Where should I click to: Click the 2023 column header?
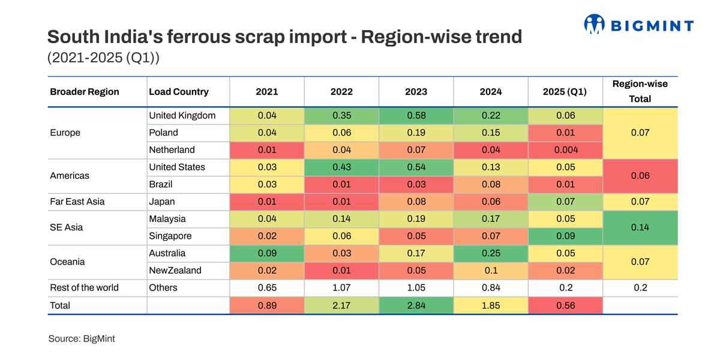click(416, 92)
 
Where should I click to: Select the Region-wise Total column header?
click(640, 91)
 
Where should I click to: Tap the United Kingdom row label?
click(182, 116)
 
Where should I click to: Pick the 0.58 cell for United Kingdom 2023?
click(416, 116)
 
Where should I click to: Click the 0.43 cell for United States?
click(341, 167)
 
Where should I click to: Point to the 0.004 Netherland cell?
click(565, 150)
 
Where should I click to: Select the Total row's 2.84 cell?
click(416, 305)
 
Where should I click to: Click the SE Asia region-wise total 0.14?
click(640, 227)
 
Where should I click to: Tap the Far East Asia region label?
click(77, 202)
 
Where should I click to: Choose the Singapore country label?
click(170, 236)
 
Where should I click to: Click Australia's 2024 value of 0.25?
click(491, 253)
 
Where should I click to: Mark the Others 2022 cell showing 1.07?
click(341, 288)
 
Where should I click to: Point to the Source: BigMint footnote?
click(82, 338)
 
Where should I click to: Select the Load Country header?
click(179, 92)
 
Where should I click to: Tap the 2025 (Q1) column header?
click(565, 92)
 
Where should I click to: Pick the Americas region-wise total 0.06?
click(640, 176)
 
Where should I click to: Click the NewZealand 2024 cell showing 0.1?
click(491, 271)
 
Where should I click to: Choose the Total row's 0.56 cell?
click(565, 305)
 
